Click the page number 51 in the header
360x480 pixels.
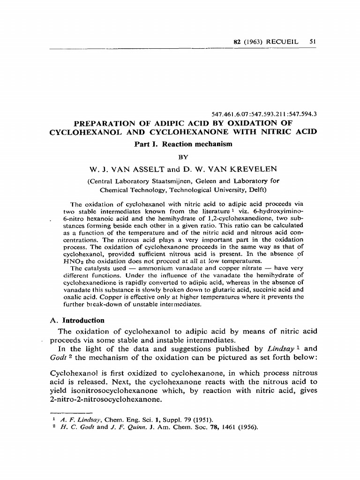pyautogui.click(x=313, y=41)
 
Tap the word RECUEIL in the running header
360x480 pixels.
pyautogui.click(x=283, y=41)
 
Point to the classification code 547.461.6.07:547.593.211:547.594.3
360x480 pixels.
pyautogui.click(x=265, y=113)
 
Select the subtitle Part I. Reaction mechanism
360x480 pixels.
pyautogui.click(x=183, y=144)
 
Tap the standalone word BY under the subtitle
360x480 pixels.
pyautogui.click(x=183, y=156)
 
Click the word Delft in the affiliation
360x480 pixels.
pyautogui.click(x=256, y=190)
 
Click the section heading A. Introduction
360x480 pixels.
pyautogui.click(x=77, y=320)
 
